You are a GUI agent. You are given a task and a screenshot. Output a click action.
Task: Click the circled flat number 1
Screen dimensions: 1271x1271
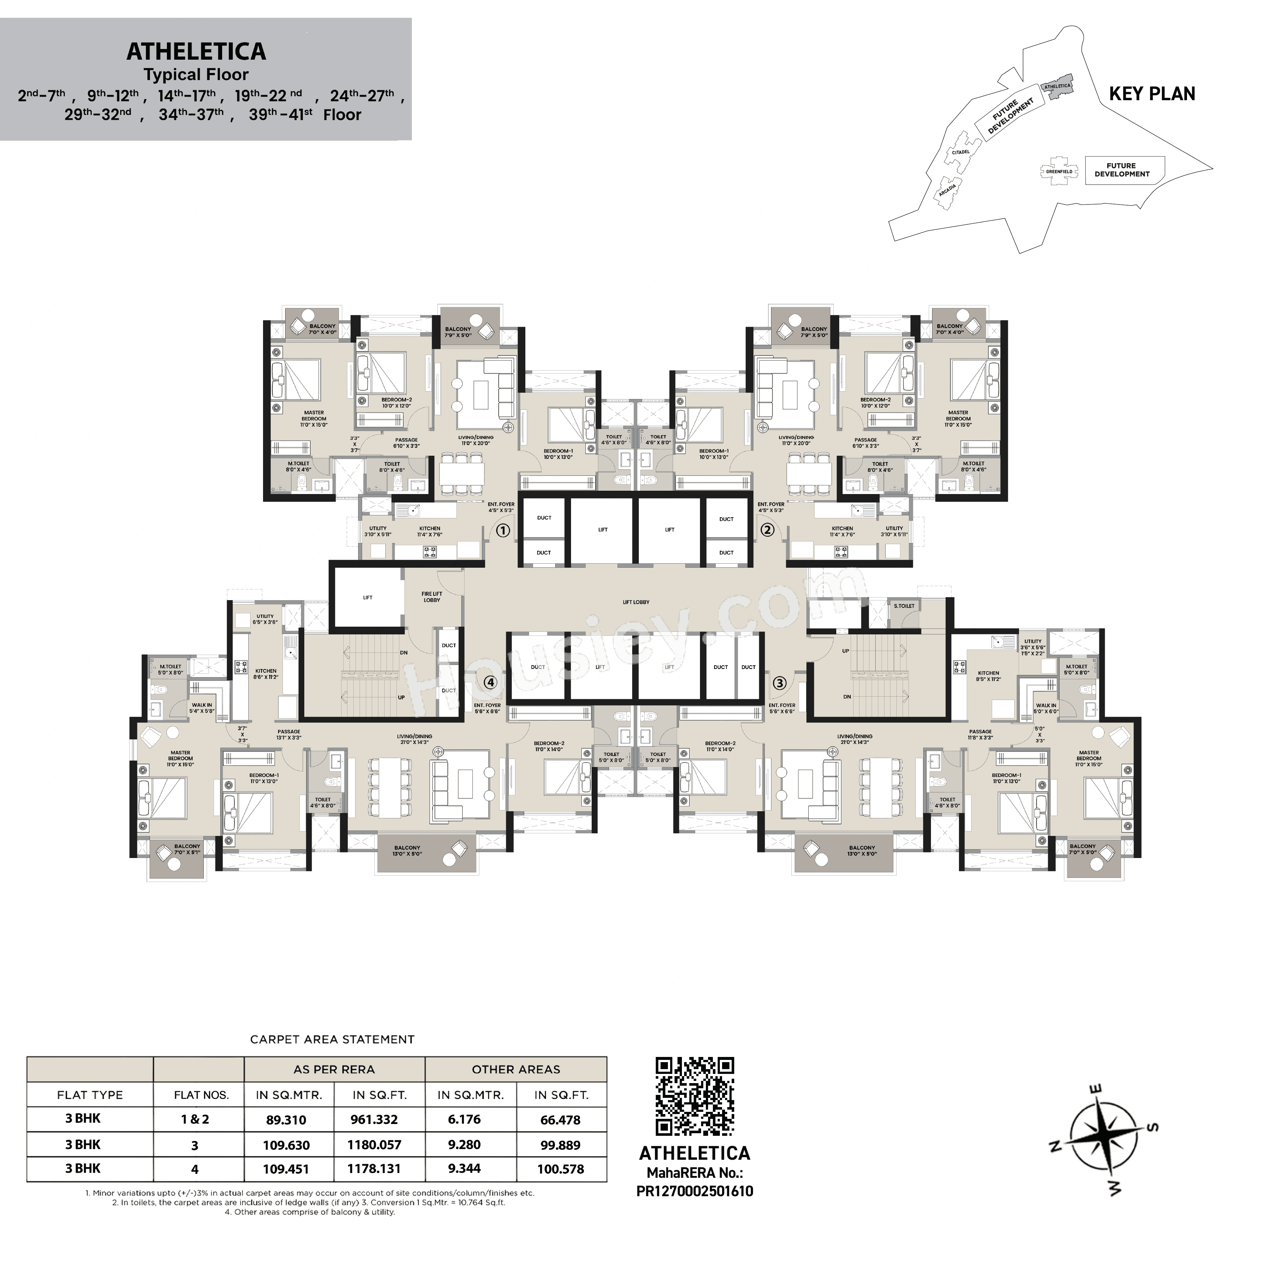click(x=503, y=530)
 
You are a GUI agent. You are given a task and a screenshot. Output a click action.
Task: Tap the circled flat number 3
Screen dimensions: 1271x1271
click(x=780, y=683)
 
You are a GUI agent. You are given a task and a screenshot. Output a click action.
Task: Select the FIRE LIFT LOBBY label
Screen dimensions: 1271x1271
click(x=431, y=597)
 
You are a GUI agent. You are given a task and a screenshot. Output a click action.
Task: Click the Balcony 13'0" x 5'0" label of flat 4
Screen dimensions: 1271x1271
click(x=407, y=851)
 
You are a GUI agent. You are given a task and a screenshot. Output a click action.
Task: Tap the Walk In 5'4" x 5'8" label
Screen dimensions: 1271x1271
click(x=202, y=708)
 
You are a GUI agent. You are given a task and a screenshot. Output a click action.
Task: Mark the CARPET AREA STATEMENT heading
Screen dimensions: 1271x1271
click(x=332, y=1039)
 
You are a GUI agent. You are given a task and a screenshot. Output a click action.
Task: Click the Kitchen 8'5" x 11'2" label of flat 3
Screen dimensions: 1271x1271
click(x=988, y=676)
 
